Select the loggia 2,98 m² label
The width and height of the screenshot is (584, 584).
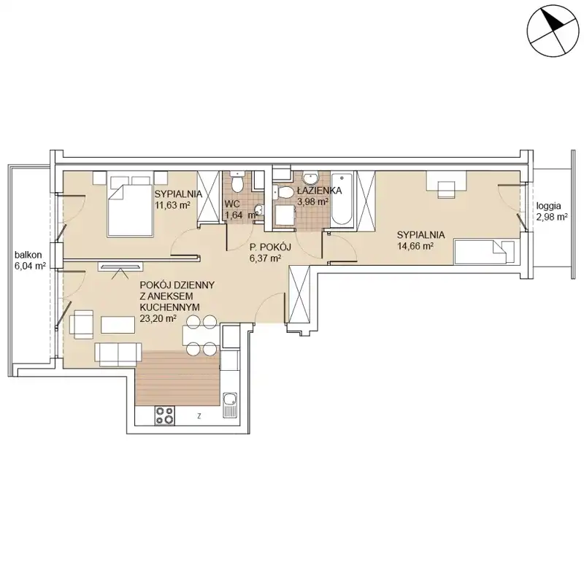552,211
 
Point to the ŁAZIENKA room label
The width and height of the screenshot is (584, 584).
319,191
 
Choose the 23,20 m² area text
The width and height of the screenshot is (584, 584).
158,318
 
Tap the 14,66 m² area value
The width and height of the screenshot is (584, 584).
415,246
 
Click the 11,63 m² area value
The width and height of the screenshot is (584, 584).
173,205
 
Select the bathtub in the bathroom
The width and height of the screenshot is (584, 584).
343,199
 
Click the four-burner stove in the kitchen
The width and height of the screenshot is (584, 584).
165,415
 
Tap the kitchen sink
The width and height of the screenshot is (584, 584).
230,405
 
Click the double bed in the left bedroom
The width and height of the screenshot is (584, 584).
130,204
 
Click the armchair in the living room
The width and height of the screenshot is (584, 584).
81,324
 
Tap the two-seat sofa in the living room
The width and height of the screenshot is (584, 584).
118,355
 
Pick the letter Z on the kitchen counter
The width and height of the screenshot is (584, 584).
199,416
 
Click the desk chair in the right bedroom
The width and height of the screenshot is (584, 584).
446,189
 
